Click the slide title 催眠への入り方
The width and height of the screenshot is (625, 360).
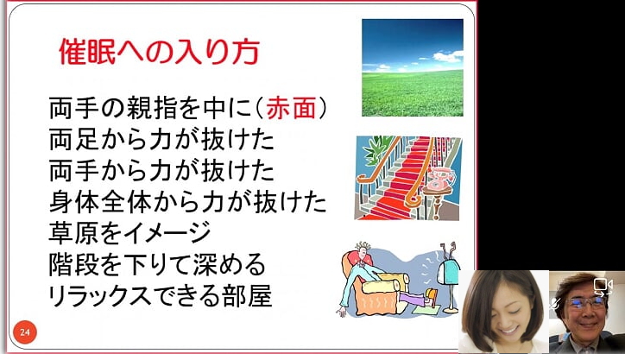tap(159, 52)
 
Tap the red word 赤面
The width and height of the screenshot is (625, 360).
tap(291, 108)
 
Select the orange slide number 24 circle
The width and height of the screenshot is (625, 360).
tap(25, 332)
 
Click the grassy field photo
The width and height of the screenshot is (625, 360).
tap(413, 68)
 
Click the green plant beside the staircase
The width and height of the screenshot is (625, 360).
tap(376, 149)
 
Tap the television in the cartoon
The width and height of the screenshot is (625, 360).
tap(448, 275)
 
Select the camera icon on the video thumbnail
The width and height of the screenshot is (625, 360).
tap(603, 286)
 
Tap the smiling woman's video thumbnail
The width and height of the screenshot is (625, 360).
tap(503, 312)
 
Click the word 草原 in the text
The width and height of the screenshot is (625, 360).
tap(73, 233)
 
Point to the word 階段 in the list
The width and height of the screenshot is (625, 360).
tap(73, 264)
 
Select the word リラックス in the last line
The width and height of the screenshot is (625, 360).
tap(99, 295)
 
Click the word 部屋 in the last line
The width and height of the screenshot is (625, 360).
tap(247, 295)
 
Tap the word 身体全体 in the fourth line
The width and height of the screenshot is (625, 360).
tap(99, 202)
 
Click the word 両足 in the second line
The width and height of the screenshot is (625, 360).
tap(73, 139)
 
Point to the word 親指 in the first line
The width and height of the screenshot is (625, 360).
tap(151, 108)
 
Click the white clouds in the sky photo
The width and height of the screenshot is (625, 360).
tap(446, 56)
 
